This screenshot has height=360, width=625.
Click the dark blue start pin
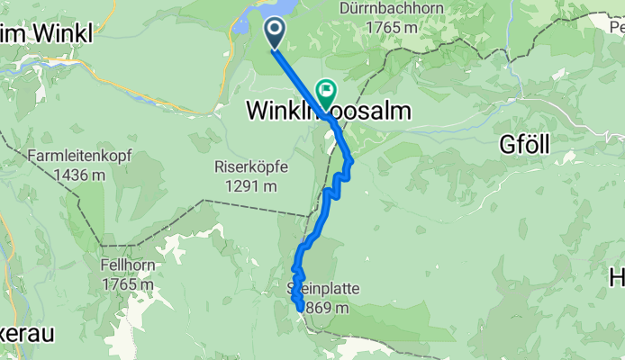tap(275, 34)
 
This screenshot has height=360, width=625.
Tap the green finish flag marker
tap(326, 91)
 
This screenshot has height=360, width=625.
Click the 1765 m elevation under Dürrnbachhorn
tap(392, 27)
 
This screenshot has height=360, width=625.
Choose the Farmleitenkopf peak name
tap(79, 156)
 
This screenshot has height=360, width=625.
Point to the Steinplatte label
tap(320, 290)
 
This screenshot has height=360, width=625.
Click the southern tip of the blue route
tap(300, 309)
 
